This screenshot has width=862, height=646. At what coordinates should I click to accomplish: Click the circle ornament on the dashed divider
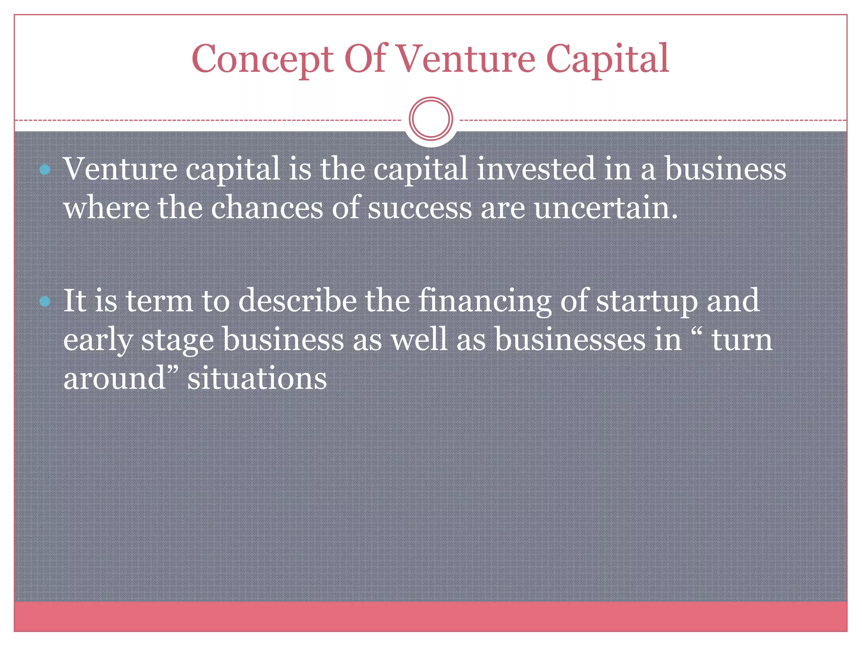[x=431, y=119]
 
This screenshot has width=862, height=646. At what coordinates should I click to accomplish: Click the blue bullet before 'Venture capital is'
[x=45, y=170]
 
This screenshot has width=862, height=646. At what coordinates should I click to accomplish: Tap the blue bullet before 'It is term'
[x=45, y=301]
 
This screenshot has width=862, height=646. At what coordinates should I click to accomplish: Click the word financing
[x=484, y=301]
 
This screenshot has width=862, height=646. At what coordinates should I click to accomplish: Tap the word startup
[x=646, y=301]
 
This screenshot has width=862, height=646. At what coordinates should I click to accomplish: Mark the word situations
[x=257, y=378]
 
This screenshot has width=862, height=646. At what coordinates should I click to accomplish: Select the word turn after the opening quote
[x=742, y=340]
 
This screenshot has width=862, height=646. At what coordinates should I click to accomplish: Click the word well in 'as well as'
[x=419, y=339]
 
